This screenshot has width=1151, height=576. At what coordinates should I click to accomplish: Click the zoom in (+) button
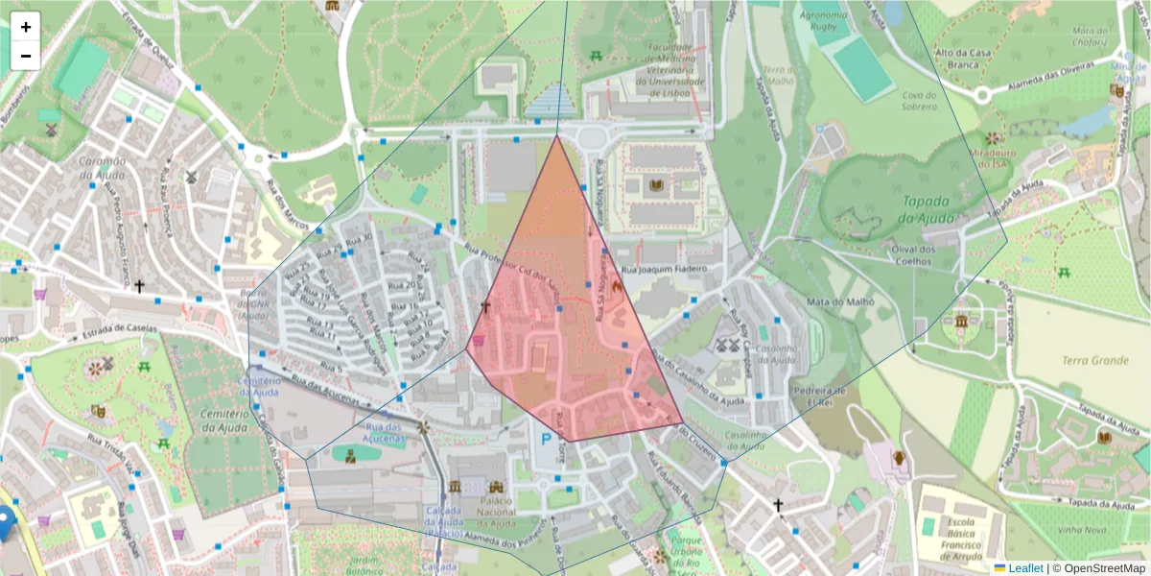coord(26,27)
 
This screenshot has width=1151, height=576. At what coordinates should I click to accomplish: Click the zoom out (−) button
coord(26,56)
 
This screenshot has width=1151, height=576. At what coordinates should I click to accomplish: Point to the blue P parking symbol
coord(547,440)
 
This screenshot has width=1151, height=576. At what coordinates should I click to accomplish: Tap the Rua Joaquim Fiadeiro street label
coord(665,269)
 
